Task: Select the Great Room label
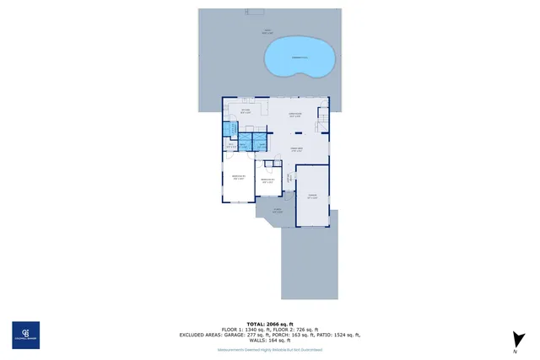tap(296, 149)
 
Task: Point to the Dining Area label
tap(295, 116)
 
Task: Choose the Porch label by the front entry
tap(278, 212)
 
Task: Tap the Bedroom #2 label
tap(238, 178)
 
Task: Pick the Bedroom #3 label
tap(267, 180)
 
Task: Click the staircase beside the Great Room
tap(321, 126)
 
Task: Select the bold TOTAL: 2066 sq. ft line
tap(269, 324)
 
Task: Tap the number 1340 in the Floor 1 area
tap(251, 330)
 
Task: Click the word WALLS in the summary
tap(251, 340)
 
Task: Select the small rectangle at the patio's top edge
tap(253, 12)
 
